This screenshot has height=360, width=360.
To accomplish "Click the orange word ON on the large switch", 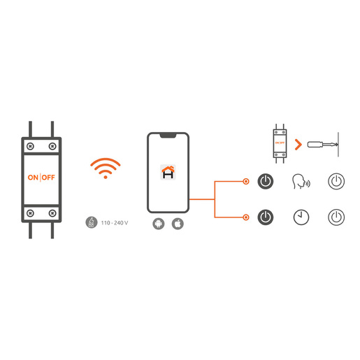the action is pos(33,178).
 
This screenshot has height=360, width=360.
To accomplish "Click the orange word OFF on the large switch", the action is pos(48,178).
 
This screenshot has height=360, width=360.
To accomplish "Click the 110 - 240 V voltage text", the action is pos(115,223).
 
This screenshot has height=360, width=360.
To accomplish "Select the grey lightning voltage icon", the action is pos(92,222).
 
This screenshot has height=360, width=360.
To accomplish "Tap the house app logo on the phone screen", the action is pos(168,172).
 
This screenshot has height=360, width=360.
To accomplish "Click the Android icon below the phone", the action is pos(159,224).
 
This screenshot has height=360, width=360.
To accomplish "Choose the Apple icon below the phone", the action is pos(178,224).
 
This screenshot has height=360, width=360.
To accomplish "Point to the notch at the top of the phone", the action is pos(168,136).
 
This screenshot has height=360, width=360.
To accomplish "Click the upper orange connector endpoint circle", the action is pos(246,181).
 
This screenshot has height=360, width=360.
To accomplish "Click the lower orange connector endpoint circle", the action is pos(246,217).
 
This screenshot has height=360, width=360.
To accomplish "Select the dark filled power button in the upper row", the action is pos(266,181).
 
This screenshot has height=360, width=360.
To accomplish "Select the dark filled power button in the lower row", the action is pos(266,217).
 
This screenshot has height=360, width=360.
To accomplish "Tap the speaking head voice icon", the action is pos(301,181).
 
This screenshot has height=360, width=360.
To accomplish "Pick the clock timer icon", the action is pos(301,217).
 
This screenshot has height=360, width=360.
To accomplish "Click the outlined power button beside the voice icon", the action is pos(336,181).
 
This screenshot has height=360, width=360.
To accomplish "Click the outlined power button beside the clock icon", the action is pos(336,217).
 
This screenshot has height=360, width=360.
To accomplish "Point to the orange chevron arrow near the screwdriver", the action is pos(299,145).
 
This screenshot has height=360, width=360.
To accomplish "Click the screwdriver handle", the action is pos(315,145).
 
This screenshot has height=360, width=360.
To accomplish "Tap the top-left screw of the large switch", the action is pos(30,146).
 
